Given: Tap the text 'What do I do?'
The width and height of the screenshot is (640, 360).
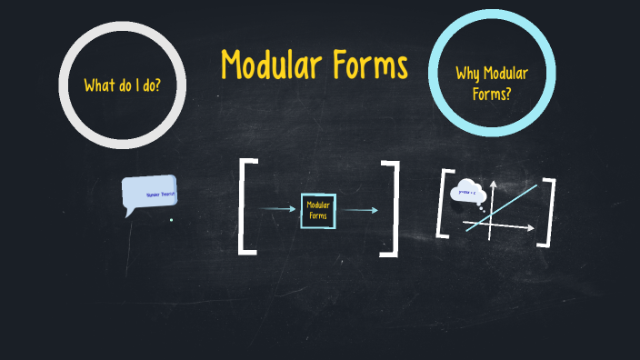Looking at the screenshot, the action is click(x=123, y=86).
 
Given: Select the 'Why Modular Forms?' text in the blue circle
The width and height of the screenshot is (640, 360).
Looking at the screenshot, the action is click(x=492, y=83).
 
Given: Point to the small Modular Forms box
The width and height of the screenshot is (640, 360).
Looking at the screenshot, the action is click(x=318, y=210).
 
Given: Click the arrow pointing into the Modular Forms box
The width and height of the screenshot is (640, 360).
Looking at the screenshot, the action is click(x=277, y=210).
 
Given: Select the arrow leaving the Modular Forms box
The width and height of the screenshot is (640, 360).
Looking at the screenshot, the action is click(x=360, y=210).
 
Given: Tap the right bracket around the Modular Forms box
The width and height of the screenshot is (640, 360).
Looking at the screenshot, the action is click(x=392, y=206).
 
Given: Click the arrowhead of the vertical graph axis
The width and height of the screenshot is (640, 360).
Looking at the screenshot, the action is click(x=492, y=185).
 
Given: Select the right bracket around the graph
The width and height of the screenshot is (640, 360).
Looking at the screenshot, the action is click(x=546, y=212).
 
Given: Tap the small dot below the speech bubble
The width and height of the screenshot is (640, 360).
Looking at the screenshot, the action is click(x=171, y=219).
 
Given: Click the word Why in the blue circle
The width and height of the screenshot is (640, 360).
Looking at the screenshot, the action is click(x=469, y=74).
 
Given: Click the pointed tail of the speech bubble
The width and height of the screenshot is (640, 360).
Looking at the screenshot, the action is click(x=129, y=214).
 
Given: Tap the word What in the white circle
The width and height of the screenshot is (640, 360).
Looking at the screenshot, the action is click(x=98, y=86).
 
